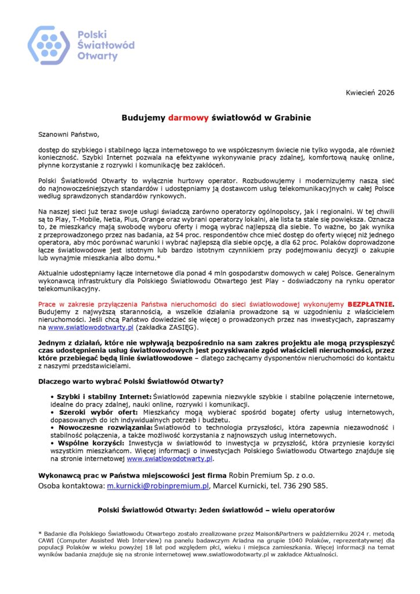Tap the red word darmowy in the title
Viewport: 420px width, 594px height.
point(189,117)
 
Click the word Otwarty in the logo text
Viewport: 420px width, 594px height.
point(97,56)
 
